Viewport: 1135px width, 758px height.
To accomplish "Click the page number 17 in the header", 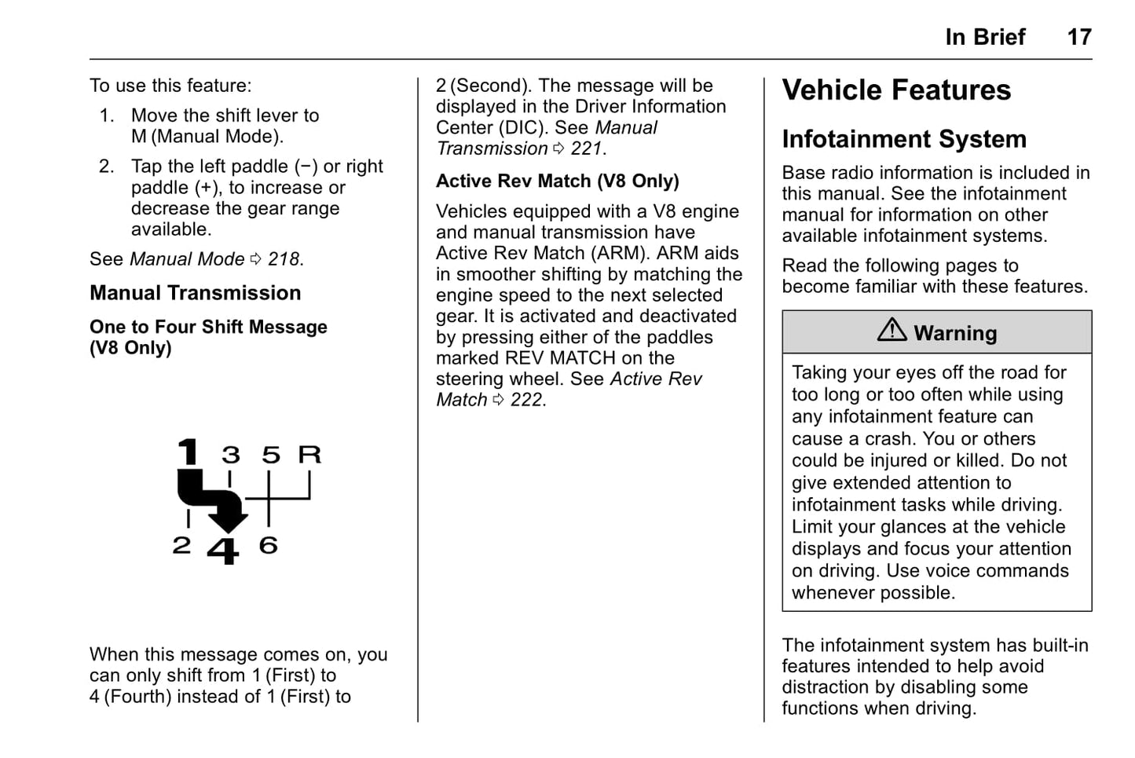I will [1078, 37].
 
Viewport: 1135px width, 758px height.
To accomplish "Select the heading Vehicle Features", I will [895, 90].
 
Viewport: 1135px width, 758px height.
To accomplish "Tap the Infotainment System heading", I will [903, 139].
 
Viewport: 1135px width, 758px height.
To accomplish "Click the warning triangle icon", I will [892, 330].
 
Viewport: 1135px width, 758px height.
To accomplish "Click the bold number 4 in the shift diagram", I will [223, 550].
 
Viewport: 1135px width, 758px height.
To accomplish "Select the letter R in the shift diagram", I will [309, 454].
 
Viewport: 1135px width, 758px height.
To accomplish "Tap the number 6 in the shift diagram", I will [269, 544].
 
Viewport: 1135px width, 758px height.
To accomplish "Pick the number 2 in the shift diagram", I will [181, 544].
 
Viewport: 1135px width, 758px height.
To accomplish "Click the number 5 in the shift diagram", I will [271, 455].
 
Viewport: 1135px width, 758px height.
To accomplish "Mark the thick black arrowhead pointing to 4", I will [228, 519].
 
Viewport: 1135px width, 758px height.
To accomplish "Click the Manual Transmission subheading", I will [195, 293].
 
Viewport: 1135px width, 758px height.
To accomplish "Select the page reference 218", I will [284, 259].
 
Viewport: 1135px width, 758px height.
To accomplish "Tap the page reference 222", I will [526, 400].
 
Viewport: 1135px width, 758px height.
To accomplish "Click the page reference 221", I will [587, 148].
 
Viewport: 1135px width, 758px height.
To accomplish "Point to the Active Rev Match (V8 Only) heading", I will [557, 181].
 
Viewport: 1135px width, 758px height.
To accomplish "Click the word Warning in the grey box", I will [955, 333].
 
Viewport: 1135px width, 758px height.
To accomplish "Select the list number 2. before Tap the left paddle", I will [107, 167].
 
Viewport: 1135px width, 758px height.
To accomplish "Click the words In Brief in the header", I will [985, 37].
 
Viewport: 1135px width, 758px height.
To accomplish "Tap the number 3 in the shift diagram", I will [230, 455].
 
